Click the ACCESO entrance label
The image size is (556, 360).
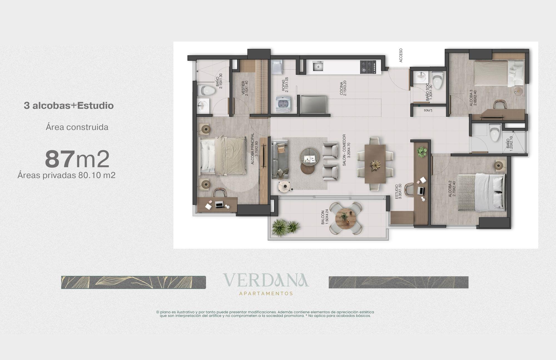(401, 55)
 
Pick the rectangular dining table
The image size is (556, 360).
(375, 164)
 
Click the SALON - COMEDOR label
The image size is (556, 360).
(346, 151)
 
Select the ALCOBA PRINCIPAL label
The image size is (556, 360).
(255, 149)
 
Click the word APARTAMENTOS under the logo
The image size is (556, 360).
(266, 294)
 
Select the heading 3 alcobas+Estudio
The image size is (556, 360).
(69, 106)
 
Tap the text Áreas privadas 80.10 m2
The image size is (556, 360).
(66, 175)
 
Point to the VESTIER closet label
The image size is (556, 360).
(245, 88)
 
